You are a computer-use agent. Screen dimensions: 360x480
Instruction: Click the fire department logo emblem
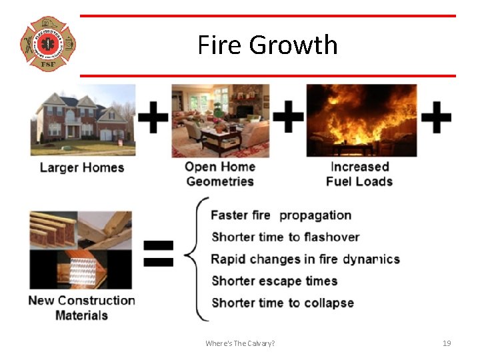[47, 44]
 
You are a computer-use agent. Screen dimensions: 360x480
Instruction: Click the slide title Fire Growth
[267, 45]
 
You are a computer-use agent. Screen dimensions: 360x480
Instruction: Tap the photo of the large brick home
[83, 119]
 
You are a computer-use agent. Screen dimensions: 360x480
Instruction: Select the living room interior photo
[220, 120]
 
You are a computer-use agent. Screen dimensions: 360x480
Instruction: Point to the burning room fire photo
[361, 120]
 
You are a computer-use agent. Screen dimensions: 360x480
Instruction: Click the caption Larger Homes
[82, 167]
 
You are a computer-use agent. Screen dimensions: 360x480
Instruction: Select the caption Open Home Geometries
[220, 174]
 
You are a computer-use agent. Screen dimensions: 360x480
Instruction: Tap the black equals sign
[159, 253]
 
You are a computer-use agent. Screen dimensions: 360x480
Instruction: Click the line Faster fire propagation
[281, 215]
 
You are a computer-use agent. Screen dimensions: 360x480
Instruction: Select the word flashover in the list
[332, 237]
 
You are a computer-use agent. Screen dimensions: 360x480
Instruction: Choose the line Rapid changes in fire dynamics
[305, 259]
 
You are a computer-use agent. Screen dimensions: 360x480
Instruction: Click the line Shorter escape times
[274, 281]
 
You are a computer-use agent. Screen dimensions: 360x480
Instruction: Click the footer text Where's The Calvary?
[240, 343]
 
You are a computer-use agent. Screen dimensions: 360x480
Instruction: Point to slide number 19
[447, 343]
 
